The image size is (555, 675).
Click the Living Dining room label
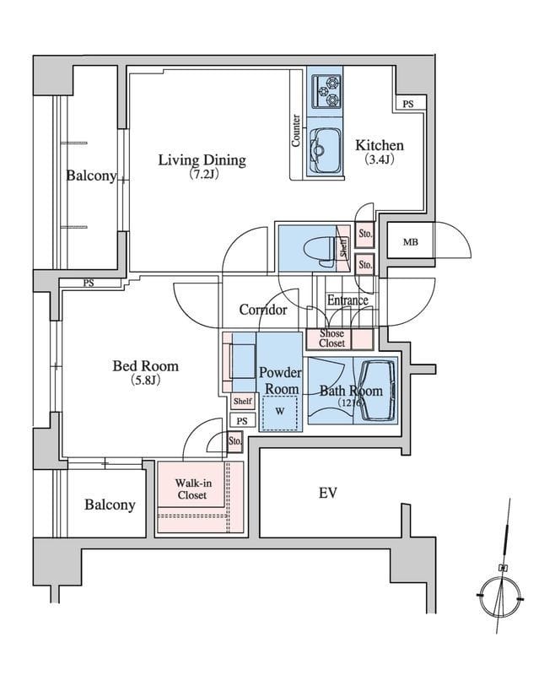(x=202, y=160)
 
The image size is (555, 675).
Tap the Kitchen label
(x=379, y=145)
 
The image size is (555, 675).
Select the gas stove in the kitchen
(x=326, y=92)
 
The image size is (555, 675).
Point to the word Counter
(x=295, y=131)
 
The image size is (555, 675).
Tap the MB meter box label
(x=410, y=242)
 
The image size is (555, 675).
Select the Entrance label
(x=348, y=300)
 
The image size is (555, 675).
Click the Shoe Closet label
(x=331, y=338)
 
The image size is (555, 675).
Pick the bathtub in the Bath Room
(x=378, y=391)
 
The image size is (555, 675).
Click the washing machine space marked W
(x=280, y=412)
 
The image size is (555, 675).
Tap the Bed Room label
(x=145, y=366)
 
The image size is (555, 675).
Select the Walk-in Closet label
(x=193, y=489)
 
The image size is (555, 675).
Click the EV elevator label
(x=328, y=493)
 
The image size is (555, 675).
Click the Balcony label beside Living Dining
(x=91, y=175)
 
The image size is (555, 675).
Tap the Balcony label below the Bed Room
(x=110, y=505)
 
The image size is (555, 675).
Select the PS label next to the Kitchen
(x=408, y=104)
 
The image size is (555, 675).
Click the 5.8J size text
(x=145, y=381)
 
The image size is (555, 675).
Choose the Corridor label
(x=263, y=310)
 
